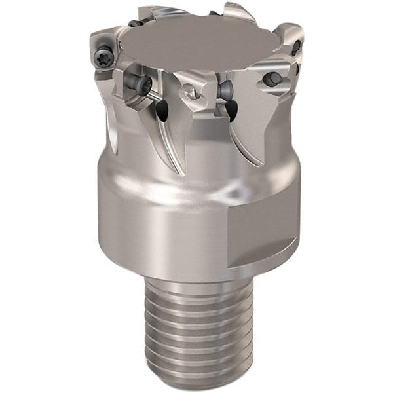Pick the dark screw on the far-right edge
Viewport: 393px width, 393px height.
pyautogui.click(x=296, y=47)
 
